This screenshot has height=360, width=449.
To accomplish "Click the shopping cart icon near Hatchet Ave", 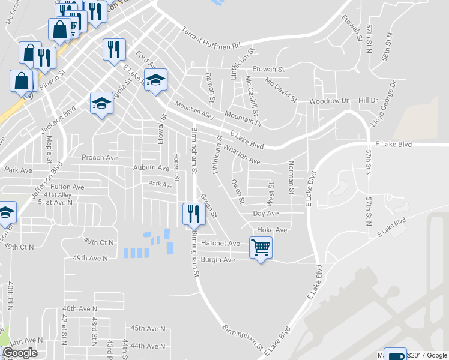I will click(x=261, y=247).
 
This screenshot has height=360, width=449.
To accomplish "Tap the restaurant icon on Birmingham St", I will click(x=193, y=214).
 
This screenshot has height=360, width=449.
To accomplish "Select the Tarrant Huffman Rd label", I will click(x=211, y=37).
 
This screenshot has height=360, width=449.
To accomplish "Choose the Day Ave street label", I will click(x=266, y=214).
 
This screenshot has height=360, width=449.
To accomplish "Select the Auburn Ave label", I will click(x=151, y=168).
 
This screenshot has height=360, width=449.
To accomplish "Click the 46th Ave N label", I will click(x=80, y=308).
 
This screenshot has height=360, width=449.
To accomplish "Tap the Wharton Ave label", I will click(x=242, y=154).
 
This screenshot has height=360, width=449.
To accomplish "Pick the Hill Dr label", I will click(x=367, y=100).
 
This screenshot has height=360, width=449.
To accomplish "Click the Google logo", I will click(x=20, y=353).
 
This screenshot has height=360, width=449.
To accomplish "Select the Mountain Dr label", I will click(x=244, y=118).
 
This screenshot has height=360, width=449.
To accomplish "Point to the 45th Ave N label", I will click(x=148, y=328).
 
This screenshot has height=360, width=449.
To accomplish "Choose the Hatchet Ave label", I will click(x=220, y=244).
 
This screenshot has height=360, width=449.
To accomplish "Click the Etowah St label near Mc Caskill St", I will click(x=268, y=70).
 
